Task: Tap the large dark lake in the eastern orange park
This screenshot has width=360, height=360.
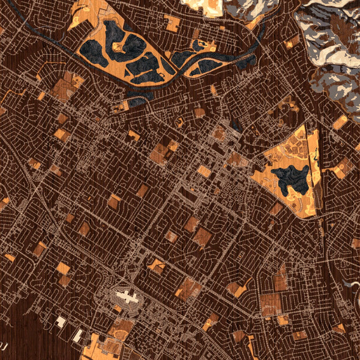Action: point(290,179)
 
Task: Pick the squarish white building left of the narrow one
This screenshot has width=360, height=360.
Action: point(61,322)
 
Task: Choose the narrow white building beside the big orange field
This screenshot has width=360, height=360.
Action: point(77,335)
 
